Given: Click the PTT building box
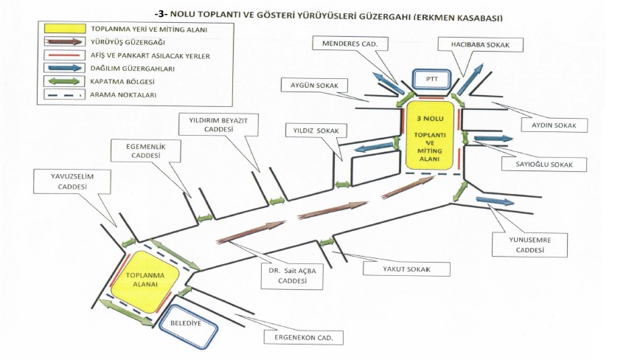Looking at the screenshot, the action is [x=431, y=79].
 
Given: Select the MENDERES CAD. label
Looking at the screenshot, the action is [x=350, y=44].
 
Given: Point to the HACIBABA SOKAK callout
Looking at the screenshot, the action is [x=480, y=44].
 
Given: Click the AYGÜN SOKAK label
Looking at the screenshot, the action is [x=315, y=86].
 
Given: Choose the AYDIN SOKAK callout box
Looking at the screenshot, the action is [x=554, y=125].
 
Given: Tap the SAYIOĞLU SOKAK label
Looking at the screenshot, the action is [x=544, y=165].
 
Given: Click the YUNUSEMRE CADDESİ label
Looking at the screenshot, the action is [x=530, y=245].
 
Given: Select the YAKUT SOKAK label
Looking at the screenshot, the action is [x=406, y=269].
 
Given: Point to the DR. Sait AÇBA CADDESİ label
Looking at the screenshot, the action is [x=293, y=276].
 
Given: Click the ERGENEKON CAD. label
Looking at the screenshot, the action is [x=304, y=338].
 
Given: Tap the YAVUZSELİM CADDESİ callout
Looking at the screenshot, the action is [x=72, y=181].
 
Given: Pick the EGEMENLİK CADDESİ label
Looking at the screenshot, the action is [x=146, y=150].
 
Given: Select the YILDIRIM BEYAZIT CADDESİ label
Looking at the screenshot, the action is [x=218, y=125].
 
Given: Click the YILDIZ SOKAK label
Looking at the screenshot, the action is [x=316, y=131].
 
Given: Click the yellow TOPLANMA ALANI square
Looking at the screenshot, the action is [x=145, y=281].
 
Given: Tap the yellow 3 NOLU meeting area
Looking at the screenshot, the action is [x=430, y=135].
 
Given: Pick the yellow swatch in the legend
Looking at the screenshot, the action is [x=65, y=29].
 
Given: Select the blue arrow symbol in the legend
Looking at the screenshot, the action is [x=65, y=68].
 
